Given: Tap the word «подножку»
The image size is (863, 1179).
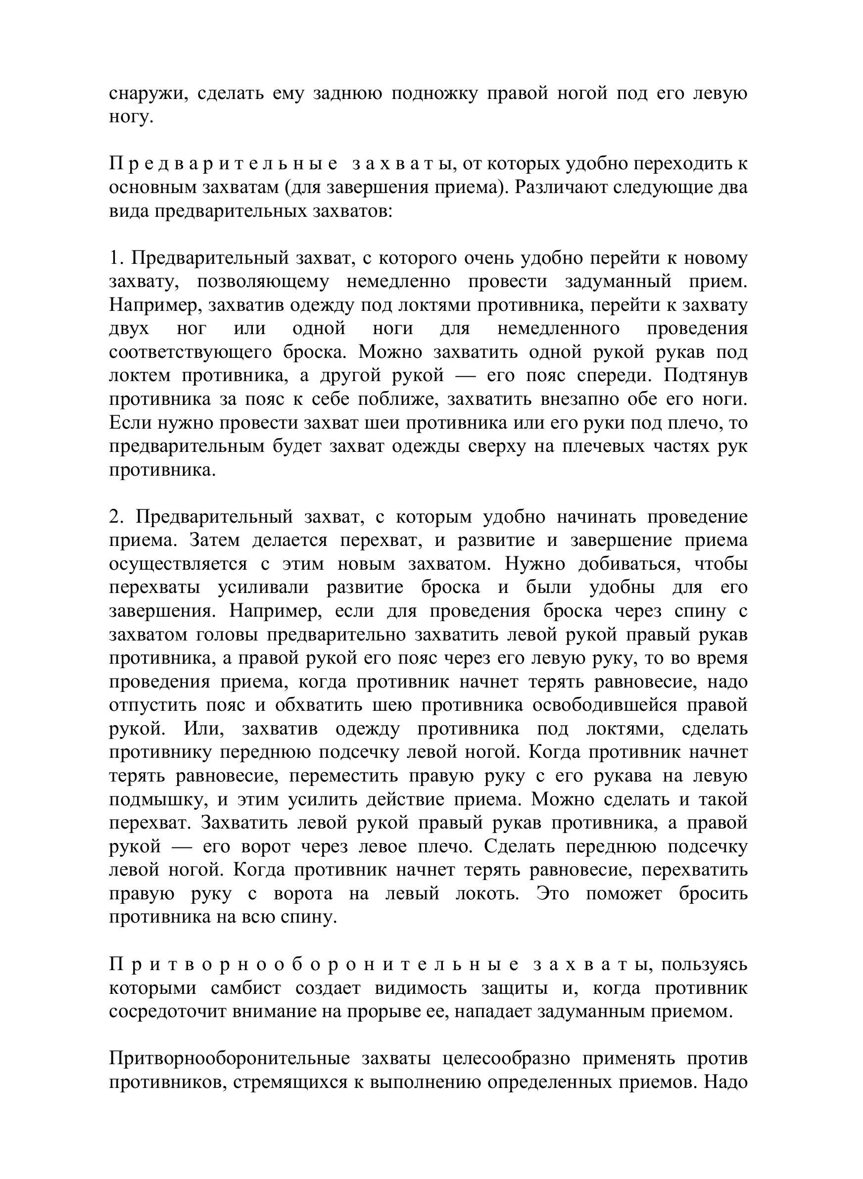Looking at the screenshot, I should [434, 94].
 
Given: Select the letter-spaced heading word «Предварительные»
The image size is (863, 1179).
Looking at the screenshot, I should [224, 164].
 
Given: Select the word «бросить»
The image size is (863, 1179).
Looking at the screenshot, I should [713, 894].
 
